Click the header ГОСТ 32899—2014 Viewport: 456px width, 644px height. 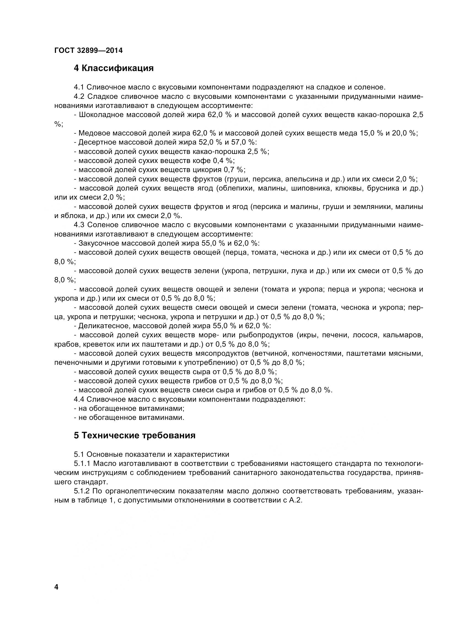point(88,50)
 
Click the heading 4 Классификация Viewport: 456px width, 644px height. point(114,68)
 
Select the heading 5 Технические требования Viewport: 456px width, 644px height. point(135,436)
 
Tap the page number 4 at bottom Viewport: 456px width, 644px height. point(57,587)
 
